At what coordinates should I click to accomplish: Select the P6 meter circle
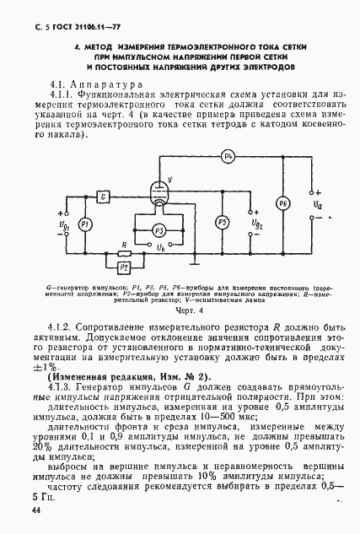tap(282, 204)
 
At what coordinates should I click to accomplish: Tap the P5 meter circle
tap(222, 222)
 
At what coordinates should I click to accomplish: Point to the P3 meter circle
tap(156, 229)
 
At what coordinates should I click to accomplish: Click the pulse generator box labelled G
tap(102, 197)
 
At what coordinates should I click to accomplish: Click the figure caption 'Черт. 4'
tap(180, 310)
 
